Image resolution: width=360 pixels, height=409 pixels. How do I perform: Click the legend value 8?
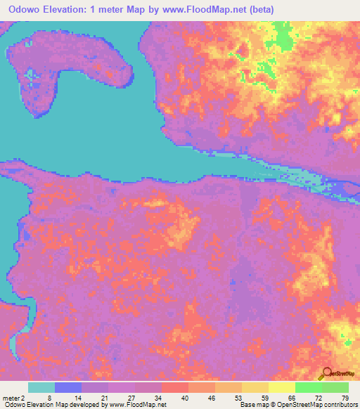click(49, 398)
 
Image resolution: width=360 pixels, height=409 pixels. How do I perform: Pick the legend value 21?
click(103, 398)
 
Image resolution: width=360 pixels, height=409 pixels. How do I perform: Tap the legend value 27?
click(131, 398)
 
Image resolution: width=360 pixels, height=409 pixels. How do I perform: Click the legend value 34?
click(158, 398)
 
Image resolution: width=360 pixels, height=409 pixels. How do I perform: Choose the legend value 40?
click(186, 398)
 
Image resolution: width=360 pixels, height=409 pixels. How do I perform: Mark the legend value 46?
click(213, 398)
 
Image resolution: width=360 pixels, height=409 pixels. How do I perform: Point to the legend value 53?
click(240, 398)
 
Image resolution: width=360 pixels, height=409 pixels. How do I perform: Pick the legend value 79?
click(344, 398)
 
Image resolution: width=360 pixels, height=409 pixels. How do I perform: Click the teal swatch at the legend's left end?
click(41, 387)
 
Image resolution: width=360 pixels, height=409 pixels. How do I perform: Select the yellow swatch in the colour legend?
click(281, 387)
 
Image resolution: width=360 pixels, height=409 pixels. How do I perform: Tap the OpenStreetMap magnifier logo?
click(326, 375)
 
